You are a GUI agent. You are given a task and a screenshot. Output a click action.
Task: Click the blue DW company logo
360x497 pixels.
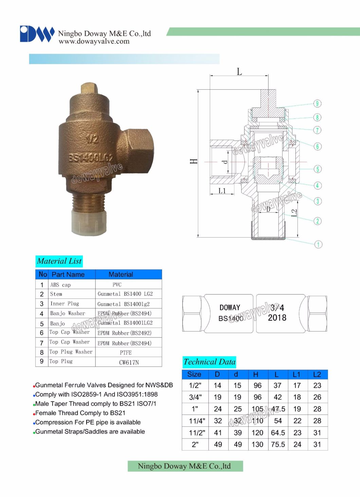(x=37, y=34)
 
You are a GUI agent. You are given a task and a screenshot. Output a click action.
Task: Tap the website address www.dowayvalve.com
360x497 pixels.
(x=94, y=41)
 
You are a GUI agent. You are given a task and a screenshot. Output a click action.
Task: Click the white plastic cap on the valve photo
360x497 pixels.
(x=89, y=221)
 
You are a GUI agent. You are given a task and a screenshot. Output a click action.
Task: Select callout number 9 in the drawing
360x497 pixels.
(x=317, y=104)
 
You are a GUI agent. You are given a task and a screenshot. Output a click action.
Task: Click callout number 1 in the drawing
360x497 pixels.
(x=318, y=244)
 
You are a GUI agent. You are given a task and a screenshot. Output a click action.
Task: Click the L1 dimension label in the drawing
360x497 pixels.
(x=222, y=191)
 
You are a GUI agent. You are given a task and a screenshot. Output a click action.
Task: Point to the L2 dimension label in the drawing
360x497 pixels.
(x=294, y=213)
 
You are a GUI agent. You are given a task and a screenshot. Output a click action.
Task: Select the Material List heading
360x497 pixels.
(x=59, y=261)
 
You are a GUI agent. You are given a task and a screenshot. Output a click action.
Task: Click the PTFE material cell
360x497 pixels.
(x=126, y=352)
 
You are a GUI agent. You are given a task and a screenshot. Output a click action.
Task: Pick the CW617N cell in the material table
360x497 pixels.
(x=129, y=362)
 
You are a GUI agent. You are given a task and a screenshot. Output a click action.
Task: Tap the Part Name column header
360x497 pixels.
(x=68, y=274)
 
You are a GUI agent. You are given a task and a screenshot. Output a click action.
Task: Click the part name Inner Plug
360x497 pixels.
(x=65, y=303)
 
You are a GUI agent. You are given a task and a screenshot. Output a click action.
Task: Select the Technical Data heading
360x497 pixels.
(x=209, y=362)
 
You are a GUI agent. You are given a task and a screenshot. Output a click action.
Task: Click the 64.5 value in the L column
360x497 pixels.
(x=277, y=432)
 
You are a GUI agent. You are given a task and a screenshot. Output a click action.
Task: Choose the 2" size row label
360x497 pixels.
(x=195, y=444)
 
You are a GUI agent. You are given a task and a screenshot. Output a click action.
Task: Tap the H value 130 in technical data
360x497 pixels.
(x=257, y=444)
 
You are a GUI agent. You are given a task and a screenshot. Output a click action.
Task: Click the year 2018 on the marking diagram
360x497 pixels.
(x=277, y=318)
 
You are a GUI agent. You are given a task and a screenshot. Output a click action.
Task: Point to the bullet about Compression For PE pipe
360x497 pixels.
(x=88, y=422)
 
